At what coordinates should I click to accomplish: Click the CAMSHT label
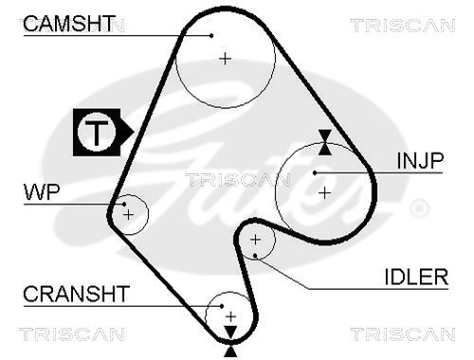(x=68, y=24)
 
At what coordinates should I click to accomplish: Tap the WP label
(x=42, y=191)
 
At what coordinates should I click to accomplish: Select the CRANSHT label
(x=76, y=294)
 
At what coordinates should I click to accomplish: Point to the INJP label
(x=420, y=160)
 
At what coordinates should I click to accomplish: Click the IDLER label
(x=416, y=277)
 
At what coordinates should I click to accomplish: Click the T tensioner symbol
(x=103, y=133)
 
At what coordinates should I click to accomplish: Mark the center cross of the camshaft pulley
(x=225, y=59)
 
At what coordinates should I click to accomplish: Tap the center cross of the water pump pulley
(x=128, y=215)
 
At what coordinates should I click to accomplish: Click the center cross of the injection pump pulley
(x=324, y=193)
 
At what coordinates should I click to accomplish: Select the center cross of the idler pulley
(x=255, y=240)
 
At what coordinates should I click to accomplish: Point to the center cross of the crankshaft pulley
(x=231, y=316)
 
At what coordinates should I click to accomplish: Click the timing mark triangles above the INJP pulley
(x=325, y=142)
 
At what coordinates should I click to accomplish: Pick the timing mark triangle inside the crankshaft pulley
(x=230, y=332)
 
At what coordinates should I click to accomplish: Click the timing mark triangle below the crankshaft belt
(x=230, y=351)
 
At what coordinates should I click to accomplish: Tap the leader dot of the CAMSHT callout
(x=211, y=36)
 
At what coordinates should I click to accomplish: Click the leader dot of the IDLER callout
(x=255, y=256)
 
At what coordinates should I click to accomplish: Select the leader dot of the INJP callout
(x=315, y=172)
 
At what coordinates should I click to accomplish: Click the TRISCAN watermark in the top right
(x=403, y=26)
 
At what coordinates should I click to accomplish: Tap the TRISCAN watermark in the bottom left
(x=72, y=334)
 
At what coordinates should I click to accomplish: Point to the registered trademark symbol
(x=419, y=208)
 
